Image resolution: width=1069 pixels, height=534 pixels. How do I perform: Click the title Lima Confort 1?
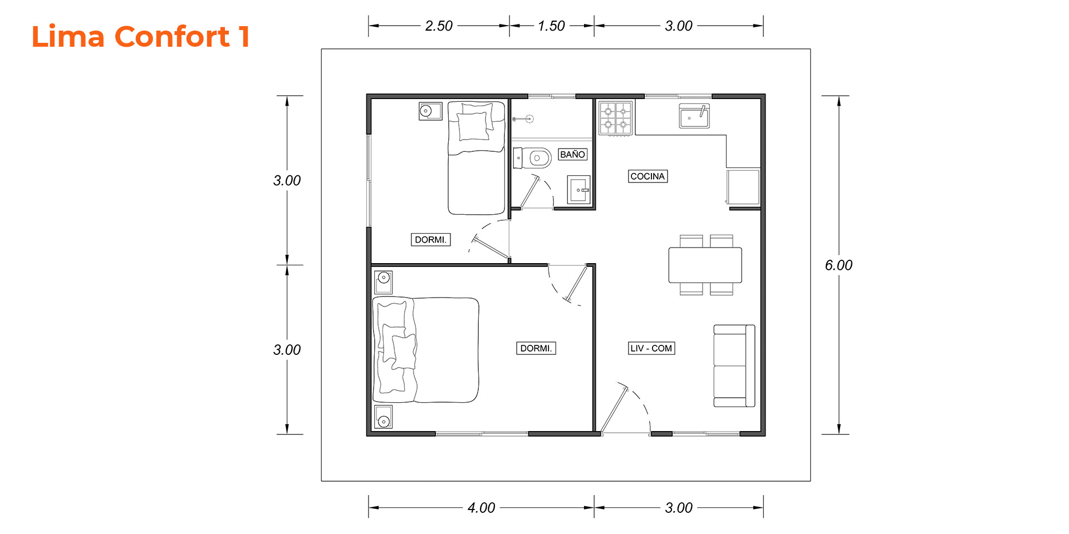tap(140, 37)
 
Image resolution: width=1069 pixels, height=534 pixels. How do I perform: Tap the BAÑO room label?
tap(572, 155)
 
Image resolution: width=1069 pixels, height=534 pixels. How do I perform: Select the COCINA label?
tap(648, 176)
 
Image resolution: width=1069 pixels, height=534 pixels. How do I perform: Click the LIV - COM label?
tap(651, 348)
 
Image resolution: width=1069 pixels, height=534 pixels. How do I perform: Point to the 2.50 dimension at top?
tap(439, 26)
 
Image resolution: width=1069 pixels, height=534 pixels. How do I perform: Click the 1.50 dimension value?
tap(551, 26)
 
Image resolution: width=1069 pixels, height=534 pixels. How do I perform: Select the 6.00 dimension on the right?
tap(838, 265)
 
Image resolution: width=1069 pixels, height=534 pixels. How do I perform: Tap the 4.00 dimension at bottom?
tap(481, 508)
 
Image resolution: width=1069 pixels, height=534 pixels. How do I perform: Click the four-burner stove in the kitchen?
tap(616, 118)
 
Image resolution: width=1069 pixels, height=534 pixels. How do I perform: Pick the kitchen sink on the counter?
tap(694, 116)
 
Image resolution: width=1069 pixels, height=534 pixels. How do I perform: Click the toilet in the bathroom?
tap(532, 158)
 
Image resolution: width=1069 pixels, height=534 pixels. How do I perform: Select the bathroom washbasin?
tap(579, 190)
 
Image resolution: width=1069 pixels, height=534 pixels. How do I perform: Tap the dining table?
tap(705, 265)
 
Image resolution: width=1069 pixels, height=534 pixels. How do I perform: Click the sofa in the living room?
tap(734, 366)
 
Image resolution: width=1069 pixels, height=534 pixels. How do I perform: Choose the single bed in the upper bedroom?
tap(477, 157)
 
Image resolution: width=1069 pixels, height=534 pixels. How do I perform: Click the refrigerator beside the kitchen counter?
tap(743, 187)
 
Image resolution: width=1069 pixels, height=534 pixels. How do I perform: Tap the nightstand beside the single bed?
tap(430, 111)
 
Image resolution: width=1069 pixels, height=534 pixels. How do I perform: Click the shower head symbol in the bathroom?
tap(524, 118)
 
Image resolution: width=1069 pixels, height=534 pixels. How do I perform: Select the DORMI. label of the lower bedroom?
tap(536, 348)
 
